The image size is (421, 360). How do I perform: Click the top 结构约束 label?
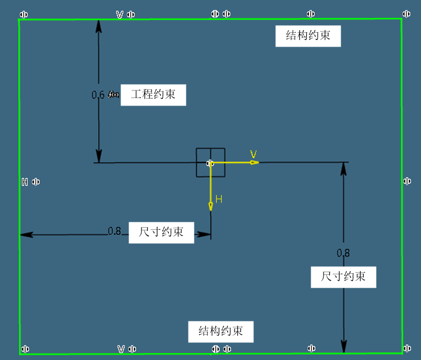coord(308,36)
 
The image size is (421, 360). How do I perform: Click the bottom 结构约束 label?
coord(220,331)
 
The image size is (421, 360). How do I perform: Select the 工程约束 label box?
coord(153,95)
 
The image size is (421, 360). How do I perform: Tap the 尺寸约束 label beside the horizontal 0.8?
coord(161,232)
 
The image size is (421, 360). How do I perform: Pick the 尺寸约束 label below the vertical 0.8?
coord(343,276)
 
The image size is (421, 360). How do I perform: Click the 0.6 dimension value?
coord(98,95)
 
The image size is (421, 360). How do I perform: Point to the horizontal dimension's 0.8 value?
coord(114,231)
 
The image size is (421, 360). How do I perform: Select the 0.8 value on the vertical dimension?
coord(343,252)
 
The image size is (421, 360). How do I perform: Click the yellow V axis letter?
coord(253,154)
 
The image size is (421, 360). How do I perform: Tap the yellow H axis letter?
coord(219,199)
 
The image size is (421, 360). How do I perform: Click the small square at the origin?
coord(210,162)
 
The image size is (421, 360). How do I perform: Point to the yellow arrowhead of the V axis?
coord(254,162)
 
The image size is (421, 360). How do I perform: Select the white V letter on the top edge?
coord(120,14)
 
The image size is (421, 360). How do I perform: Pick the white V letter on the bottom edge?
coord(121,349)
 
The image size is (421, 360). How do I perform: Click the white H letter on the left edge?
coord(25,182)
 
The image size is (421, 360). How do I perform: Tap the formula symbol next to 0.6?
coord(114,95)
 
